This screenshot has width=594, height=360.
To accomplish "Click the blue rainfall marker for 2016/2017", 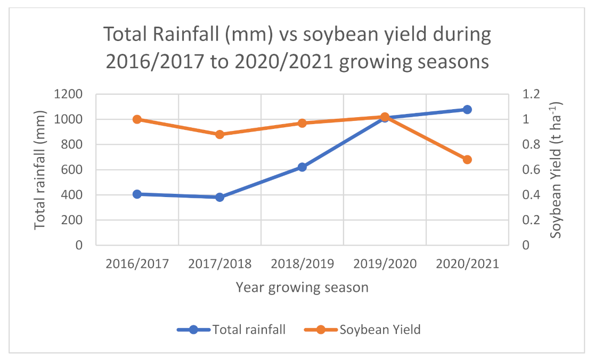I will coord(137,194).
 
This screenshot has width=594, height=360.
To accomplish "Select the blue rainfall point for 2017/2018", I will coord(219,197).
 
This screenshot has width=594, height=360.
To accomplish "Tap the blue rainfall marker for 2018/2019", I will coord(302,167).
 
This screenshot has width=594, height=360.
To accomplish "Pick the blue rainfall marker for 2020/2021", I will coord(467,110).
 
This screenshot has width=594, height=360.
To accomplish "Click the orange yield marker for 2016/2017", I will coord(137,119).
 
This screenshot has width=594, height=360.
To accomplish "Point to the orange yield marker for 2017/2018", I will coord(219,134).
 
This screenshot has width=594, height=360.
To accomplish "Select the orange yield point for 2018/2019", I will coord(302,123).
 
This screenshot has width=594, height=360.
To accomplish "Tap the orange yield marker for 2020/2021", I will coord(467,160).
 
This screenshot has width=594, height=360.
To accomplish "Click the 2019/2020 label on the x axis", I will coord(385,264).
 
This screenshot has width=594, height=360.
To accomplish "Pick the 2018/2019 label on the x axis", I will coord(302,264).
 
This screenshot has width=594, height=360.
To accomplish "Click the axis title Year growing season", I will coord(302,288).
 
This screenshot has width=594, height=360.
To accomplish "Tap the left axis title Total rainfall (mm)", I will coord(40,169).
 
